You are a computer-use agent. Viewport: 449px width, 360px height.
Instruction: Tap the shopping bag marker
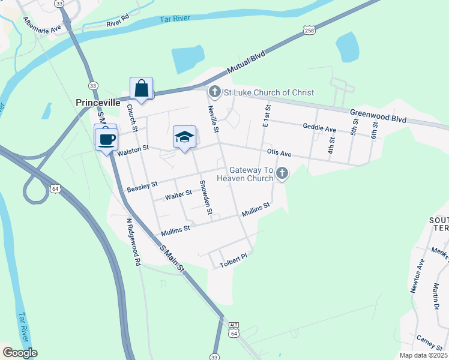[141, 89]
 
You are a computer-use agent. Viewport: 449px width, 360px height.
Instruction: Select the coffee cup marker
[107, 140]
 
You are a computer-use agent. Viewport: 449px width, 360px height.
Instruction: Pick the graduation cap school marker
[185, 137]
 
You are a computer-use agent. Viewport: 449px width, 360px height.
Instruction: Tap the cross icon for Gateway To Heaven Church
[282, 174]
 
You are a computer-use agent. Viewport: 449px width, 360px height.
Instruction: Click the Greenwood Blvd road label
[378, 116]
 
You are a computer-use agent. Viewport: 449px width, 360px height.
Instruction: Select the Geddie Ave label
[319, 128]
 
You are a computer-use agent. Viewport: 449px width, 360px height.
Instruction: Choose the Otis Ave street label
[279, 154]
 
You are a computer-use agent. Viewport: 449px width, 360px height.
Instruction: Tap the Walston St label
[133, 153]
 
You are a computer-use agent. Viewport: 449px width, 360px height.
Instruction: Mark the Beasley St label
[142, 187]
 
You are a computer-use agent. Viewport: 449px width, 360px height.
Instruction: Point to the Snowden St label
[205, 197]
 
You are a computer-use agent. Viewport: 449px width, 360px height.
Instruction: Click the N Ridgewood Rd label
[133, 241]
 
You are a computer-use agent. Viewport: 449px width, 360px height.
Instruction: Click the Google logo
[19, 352]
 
